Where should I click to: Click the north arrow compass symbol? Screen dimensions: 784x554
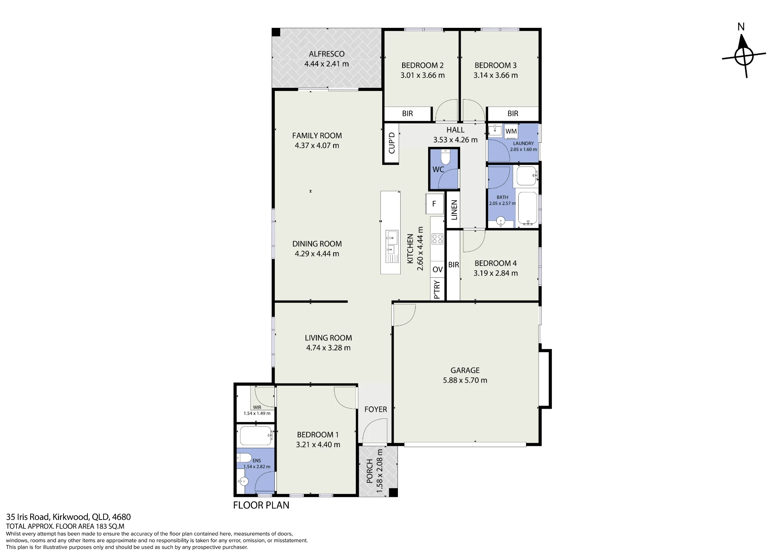[744, 56]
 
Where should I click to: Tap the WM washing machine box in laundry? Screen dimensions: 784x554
[511, 131]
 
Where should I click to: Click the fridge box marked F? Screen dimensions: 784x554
[434, 204]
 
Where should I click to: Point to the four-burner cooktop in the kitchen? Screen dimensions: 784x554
[437, 239]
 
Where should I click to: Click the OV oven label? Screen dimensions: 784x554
[437, 270]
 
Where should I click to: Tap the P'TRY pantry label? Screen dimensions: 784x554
[437, 290]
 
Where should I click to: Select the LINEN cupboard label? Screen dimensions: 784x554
[454, 210]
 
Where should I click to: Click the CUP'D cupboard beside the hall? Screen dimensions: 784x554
[391, 143]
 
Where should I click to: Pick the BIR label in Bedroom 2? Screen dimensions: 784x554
[407, 114]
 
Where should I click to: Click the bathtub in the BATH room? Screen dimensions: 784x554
[527, 208]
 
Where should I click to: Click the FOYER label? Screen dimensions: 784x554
[376, 409]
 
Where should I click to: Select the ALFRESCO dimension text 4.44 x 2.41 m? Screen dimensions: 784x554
[327, 64]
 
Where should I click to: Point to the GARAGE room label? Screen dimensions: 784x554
[465, 370]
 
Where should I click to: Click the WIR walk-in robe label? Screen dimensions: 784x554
[257, 407]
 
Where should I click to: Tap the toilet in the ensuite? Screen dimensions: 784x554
[244, 458]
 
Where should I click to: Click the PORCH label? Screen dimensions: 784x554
[369, 471]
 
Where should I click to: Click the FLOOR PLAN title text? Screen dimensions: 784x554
[261, 505]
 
